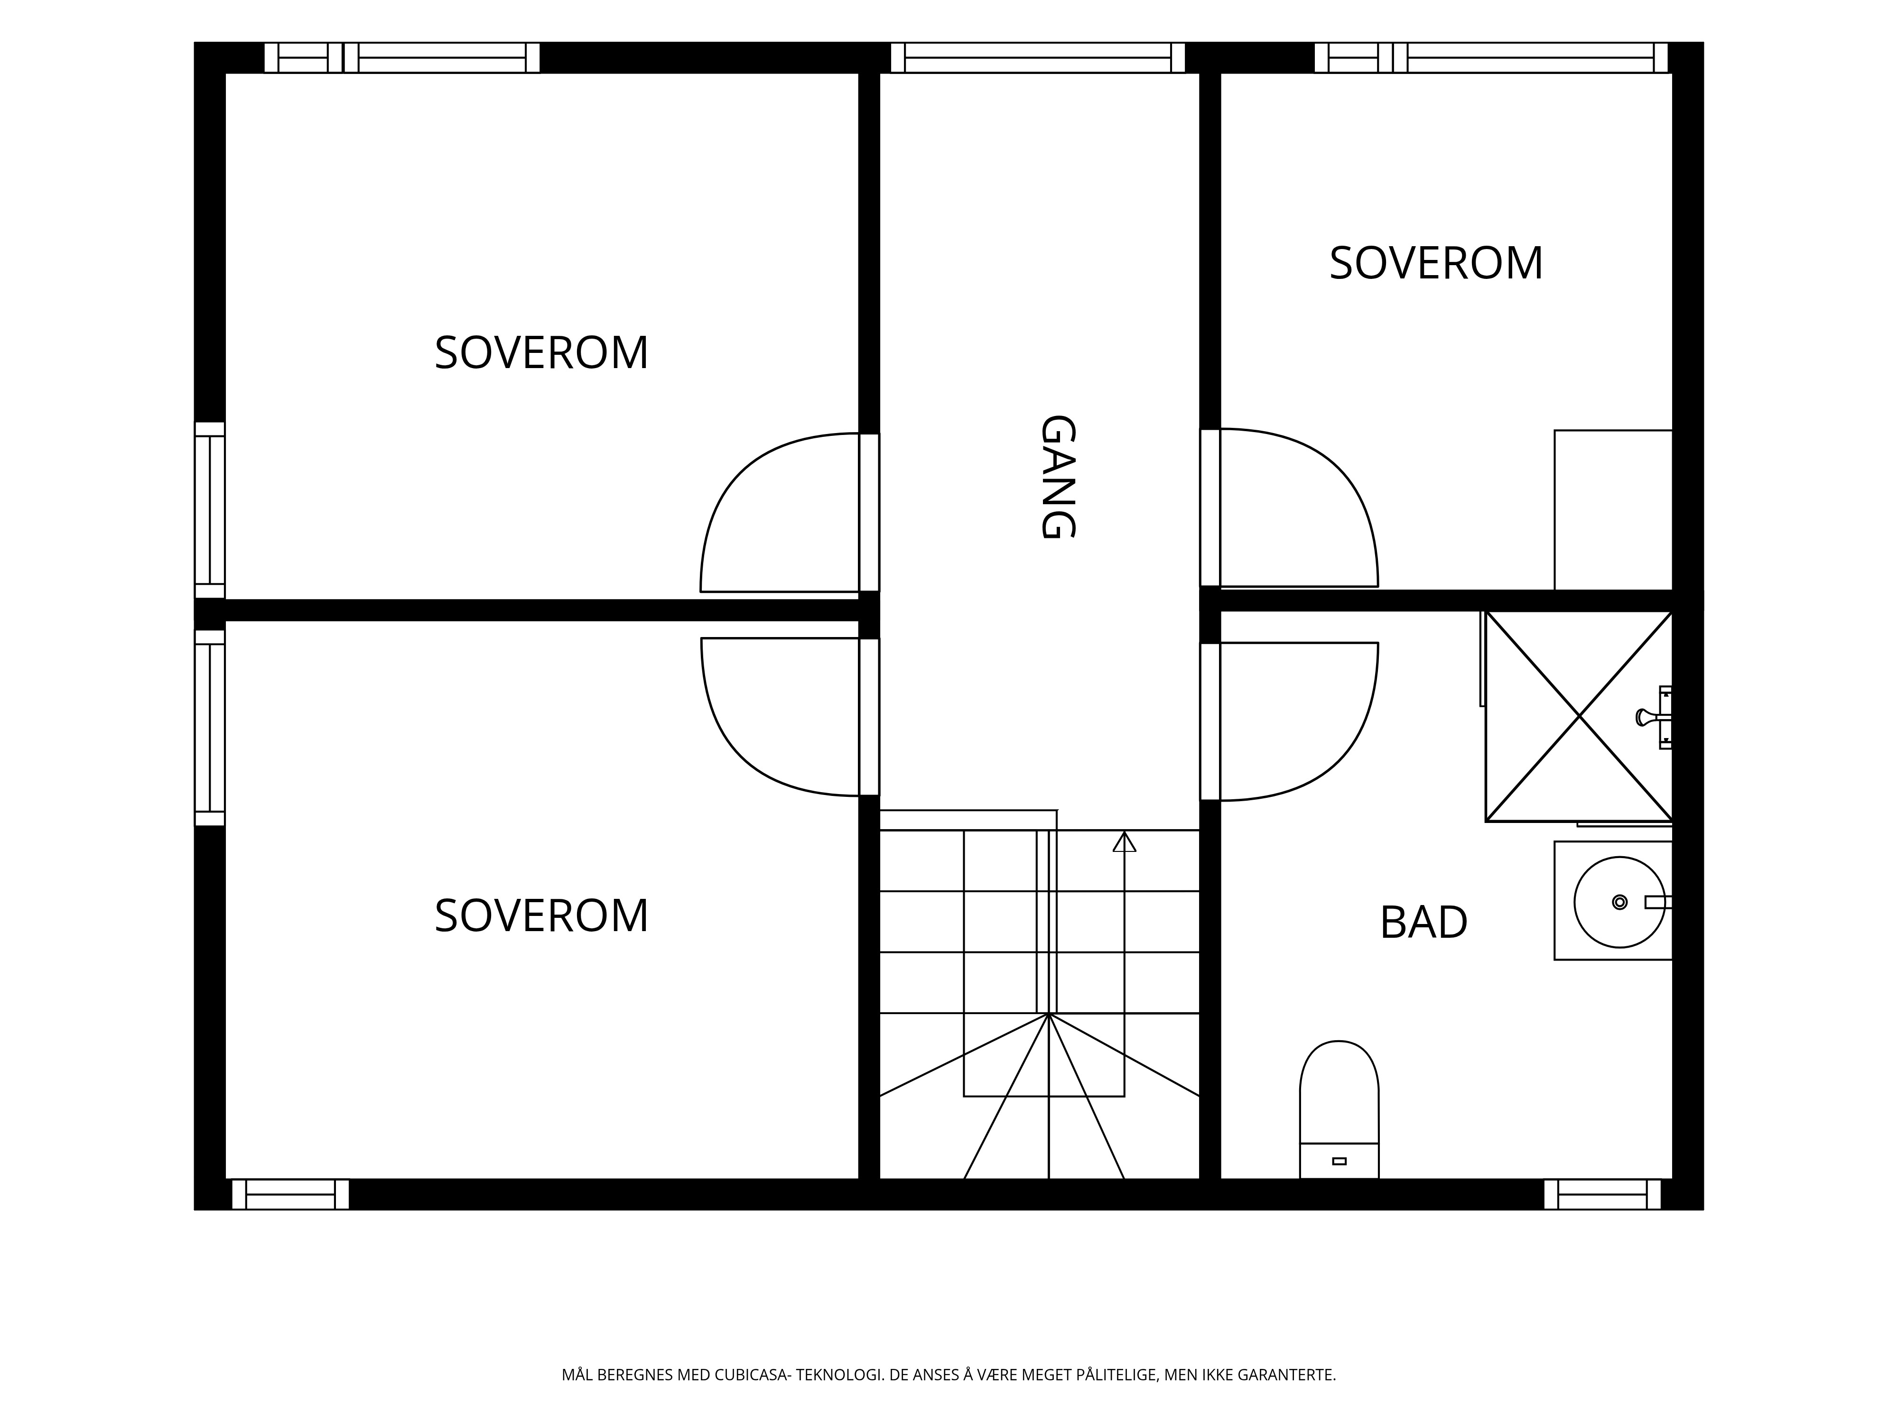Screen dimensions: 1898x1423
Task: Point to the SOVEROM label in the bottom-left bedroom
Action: tap(541, 916)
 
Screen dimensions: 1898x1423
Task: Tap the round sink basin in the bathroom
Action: tap(1619, 902)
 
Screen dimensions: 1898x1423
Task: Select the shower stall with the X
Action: tap(1579, 716)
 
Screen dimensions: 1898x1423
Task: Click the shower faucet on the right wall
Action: tap(1654, 717)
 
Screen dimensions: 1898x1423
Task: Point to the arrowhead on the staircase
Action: tap(1124, 841)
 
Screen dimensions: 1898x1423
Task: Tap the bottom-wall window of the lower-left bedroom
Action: tap(290, 1195)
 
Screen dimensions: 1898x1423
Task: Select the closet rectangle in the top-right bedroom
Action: tap(1613, 510)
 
